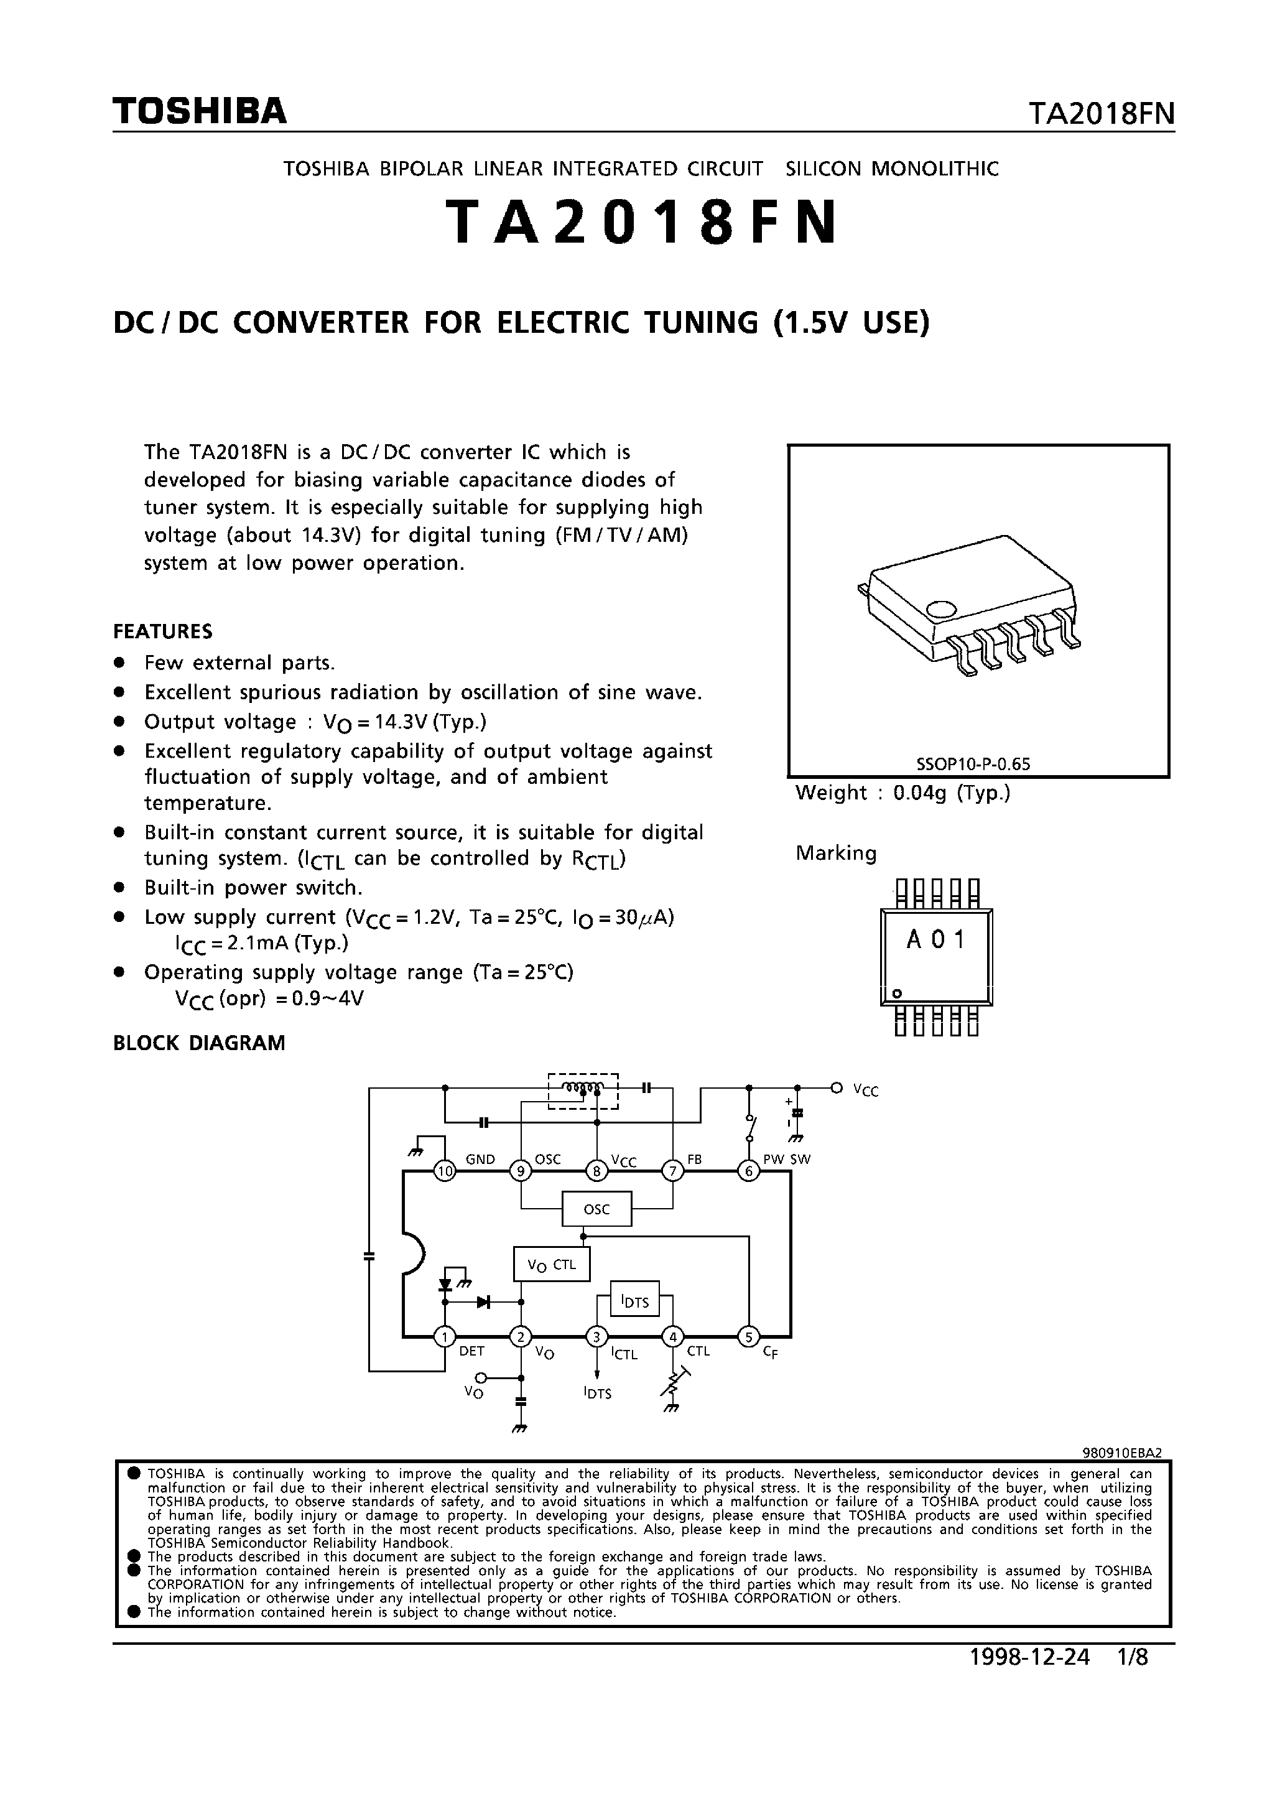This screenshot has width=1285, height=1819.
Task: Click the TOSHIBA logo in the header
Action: pyautogui.click(x=200, y=112)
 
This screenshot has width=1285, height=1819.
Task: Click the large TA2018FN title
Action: pyautogui.click(x=642, y=223)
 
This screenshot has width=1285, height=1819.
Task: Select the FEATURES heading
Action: pyautogui.click(x=162, y=631)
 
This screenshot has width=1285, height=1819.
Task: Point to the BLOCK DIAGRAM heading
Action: pyautogui.click(x=199, y=1043)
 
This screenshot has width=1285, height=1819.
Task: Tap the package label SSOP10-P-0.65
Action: pyautogui.click(x=973, y=765)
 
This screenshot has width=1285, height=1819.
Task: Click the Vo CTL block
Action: pyautogui.click(x=552, y=1265)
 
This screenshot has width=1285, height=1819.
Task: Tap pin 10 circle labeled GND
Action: pyautogui.click(x=445, y=1172)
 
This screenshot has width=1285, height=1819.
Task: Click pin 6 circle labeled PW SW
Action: pyautogui.click(x=749, y=1172)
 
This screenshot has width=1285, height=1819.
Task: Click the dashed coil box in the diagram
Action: pyautogui.click(x=583, y=1091)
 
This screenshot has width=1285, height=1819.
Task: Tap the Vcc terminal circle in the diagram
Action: pyautogui.click(x=837, y=1088)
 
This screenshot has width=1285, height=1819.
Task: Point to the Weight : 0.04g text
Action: pyautogui.click(x=902, y=793)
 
